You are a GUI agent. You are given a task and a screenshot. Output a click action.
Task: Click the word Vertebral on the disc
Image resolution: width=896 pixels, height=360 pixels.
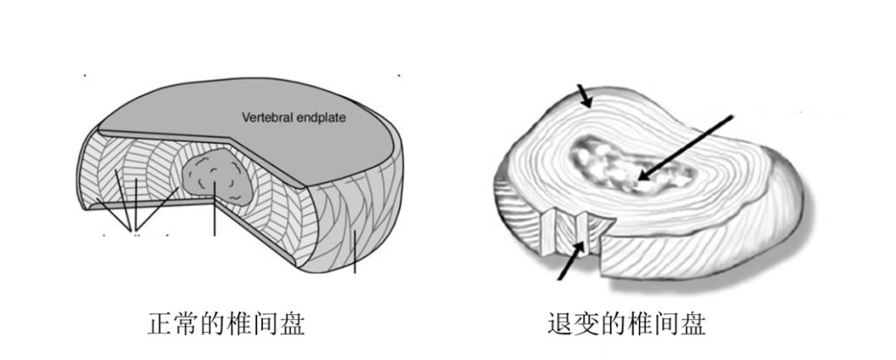click(266, 117)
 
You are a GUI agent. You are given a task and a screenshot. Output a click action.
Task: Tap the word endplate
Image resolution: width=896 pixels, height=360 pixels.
click(320, 117)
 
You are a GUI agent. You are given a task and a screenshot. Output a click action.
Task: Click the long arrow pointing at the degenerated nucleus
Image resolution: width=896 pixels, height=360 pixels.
click(689, 145)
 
